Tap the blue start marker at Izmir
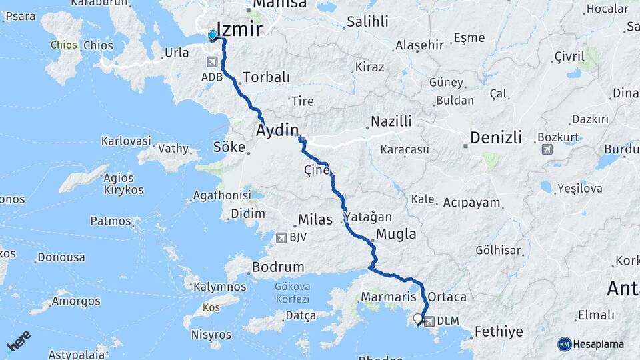pos(213,35)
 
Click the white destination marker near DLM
pos(419,319)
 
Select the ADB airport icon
pos(213,62)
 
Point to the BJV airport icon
pos(281,237)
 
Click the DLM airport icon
pos(430,321)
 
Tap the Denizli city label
pos(495,137)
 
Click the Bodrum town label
pos(277,267)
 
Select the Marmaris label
pos(389,296)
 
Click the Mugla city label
pos(396,234)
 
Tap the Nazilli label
pos(391,121)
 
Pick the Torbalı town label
pos(267,77)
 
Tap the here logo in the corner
pos(18,341)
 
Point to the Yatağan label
pos(369,217)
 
